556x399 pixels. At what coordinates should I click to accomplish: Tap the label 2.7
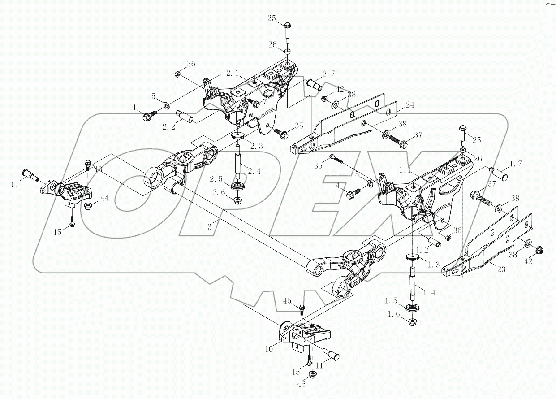(x=329, y=74)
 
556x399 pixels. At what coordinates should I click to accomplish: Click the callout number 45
(x=287, y=300)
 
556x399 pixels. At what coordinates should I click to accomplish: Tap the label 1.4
(x=430, y=293)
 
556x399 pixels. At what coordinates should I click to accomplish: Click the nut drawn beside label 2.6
(x=237, y=199)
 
